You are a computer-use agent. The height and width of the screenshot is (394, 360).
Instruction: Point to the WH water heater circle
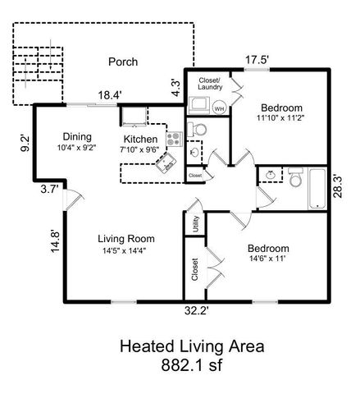click(219, 108)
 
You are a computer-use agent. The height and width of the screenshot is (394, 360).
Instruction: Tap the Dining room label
click(76, 137)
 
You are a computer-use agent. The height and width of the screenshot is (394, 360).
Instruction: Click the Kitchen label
click(141, 139)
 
